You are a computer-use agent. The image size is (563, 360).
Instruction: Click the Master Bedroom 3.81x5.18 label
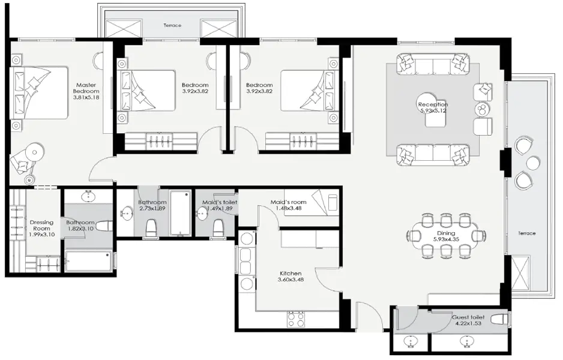click(x=86, y=91)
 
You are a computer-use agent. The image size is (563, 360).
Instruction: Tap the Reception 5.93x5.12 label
click(x=433, y=108)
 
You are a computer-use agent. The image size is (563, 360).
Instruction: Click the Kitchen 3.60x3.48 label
click(x=289, y=277)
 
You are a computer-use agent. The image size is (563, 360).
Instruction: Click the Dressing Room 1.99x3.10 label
click(x=41, y=228)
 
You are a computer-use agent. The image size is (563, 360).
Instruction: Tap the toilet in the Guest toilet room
click(x=498, y=319)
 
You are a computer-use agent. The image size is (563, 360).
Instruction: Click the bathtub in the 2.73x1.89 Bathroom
click(x=180, y=213)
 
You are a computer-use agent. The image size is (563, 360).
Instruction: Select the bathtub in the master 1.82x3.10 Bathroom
click(x=88, y=261)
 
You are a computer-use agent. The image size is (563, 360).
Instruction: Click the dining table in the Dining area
click(x=446, y=234)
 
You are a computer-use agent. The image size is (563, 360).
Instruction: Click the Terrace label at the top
click(x=172, y=26)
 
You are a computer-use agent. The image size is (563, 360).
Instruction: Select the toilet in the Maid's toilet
click(x=218, y=227)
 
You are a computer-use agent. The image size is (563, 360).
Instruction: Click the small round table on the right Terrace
click(x=532, y=163)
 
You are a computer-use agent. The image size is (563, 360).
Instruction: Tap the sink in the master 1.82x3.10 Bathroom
click(x=89, y=196)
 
